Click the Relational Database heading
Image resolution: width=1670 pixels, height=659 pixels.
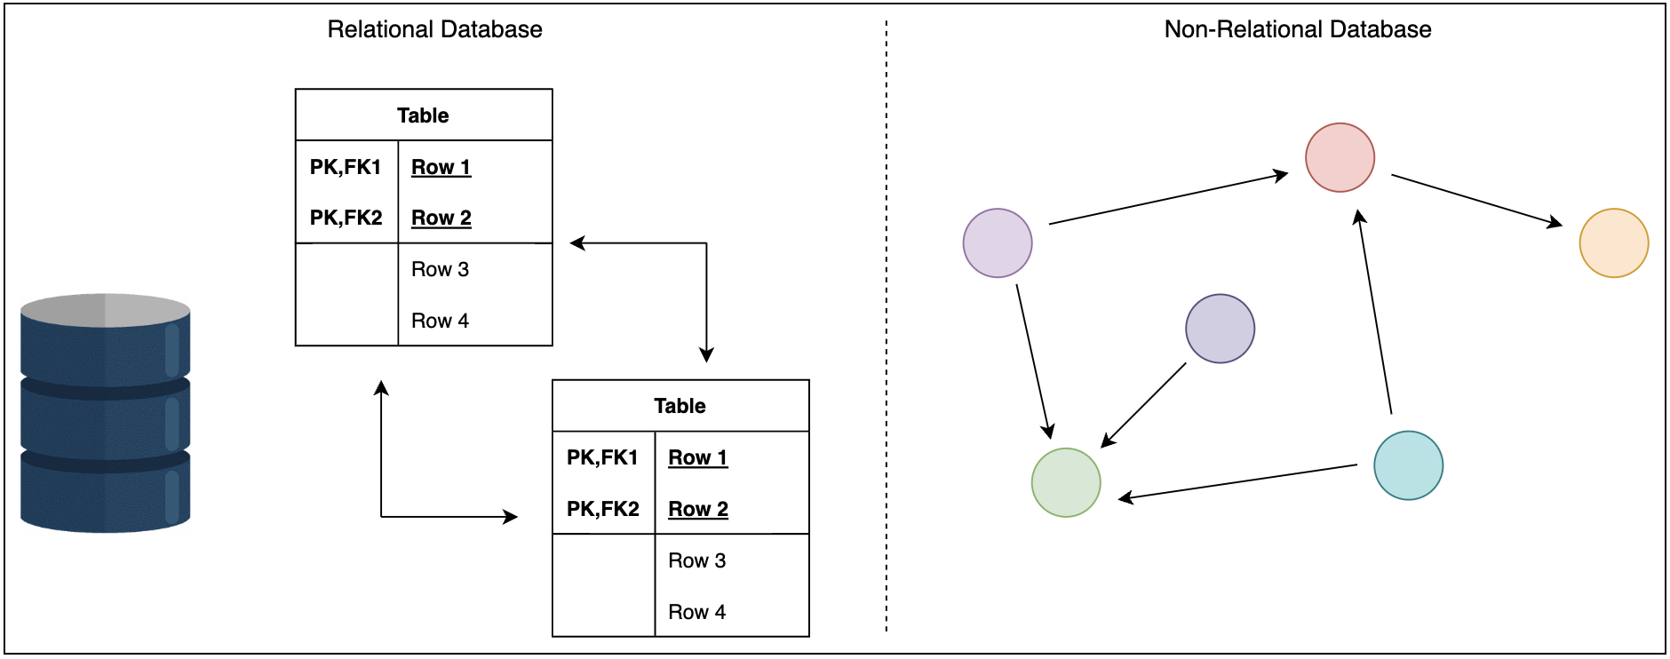[x=434, y=29]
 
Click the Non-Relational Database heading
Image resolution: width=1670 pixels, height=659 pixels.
[x=1297, y=29]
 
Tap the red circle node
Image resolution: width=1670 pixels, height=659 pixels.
[x=1340, y=157]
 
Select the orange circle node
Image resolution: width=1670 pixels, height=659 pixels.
[x=1613, y=243]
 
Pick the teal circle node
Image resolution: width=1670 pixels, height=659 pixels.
[x=1408, y=465]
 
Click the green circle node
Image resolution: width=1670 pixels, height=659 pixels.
[x=1066, y=482]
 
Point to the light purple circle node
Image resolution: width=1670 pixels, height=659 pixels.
[x=998, y=243]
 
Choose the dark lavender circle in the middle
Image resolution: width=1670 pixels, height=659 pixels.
[x=1220, y=329]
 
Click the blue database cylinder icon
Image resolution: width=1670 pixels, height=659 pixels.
[x=105, y=413]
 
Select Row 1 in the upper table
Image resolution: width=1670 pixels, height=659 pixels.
[x=441, y=167]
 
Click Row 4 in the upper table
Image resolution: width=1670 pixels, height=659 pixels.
[x=440, y=321]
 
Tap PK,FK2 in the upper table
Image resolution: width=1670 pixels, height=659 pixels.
[x=346, y=218]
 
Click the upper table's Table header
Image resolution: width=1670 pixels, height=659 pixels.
[x=423, y=115]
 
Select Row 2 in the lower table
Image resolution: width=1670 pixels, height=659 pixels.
[x=697, y=509]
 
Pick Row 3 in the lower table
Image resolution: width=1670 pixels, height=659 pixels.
[x=696, y=560]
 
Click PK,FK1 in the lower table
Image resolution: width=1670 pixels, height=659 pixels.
[x=602, y=457]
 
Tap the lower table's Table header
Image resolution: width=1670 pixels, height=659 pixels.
[x=680, y=406]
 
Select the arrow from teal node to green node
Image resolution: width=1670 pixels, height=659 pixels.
[x=1237, y=482]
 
